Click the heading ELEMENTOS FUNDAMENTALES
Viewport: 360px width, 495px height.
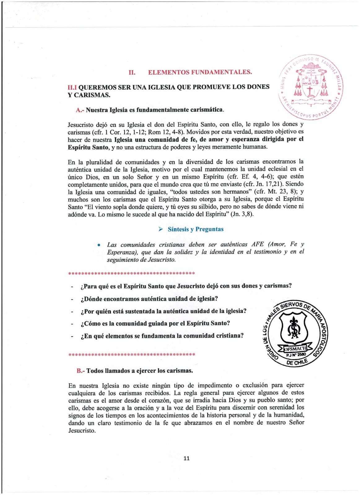[x=200, y=72]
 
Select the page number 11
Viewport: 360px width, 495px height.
[x=186, y=458]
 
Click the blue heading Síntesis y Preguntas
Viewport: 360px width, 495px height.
[x=195, y=229]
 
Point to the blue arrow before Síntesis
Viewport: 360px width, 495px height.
[x=161, y=229]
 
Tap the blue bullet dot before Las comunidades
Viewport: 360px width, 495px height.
[x=99, y=245]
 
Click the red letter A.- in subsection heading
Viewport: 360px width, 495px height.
[x=80, y=110]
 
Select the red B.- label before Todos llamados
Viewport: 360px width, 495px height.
[x=81, y=371]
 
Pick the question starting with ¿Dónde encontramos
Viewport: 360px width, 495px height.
[x=149, y=299]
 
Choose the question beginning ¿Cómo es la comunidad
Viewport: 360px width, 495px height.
[x=155, y=324]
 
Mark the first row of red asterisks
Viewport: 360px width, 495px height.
[x=131, y=273]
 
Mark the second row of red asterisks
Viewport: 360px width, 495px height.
[x=131, y=355]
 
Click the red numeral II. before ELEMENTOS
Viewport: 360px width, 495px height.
[x=132, y=72]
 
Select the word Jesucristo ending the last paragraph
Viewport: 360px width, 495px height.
[x=82, y=430]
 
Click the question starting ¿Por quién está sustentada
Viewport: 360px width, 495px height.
[x=163, y=311]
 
